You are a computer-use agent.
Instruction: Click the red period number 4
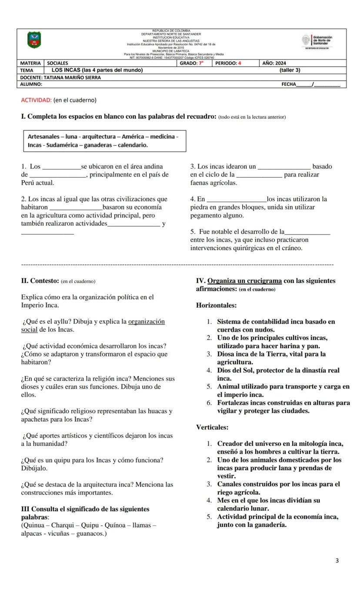pyautogui.click(x=239, y=63)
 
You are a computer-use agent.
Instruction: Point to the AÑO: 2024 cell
pyautogui.click(x=274, y=63)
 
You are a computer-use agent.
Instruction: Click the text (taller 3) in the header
pyautogui.click(x=290, y=70)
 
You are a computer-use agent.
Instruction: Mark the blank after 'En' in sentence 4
pyautogui.click(x=237, y=200)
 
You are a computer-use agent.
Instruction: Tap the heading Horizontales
pyautogui.click(x=216, y=305)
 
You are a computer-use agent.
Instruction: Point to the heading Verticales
pyautogui.click(x=212, y=427)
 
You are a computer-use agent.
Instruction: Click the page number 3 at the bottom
pyautogui.click(x=337, y=560)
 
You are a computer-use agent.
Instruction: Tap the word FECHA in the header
pyautogui.click(x=289, y=84)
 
